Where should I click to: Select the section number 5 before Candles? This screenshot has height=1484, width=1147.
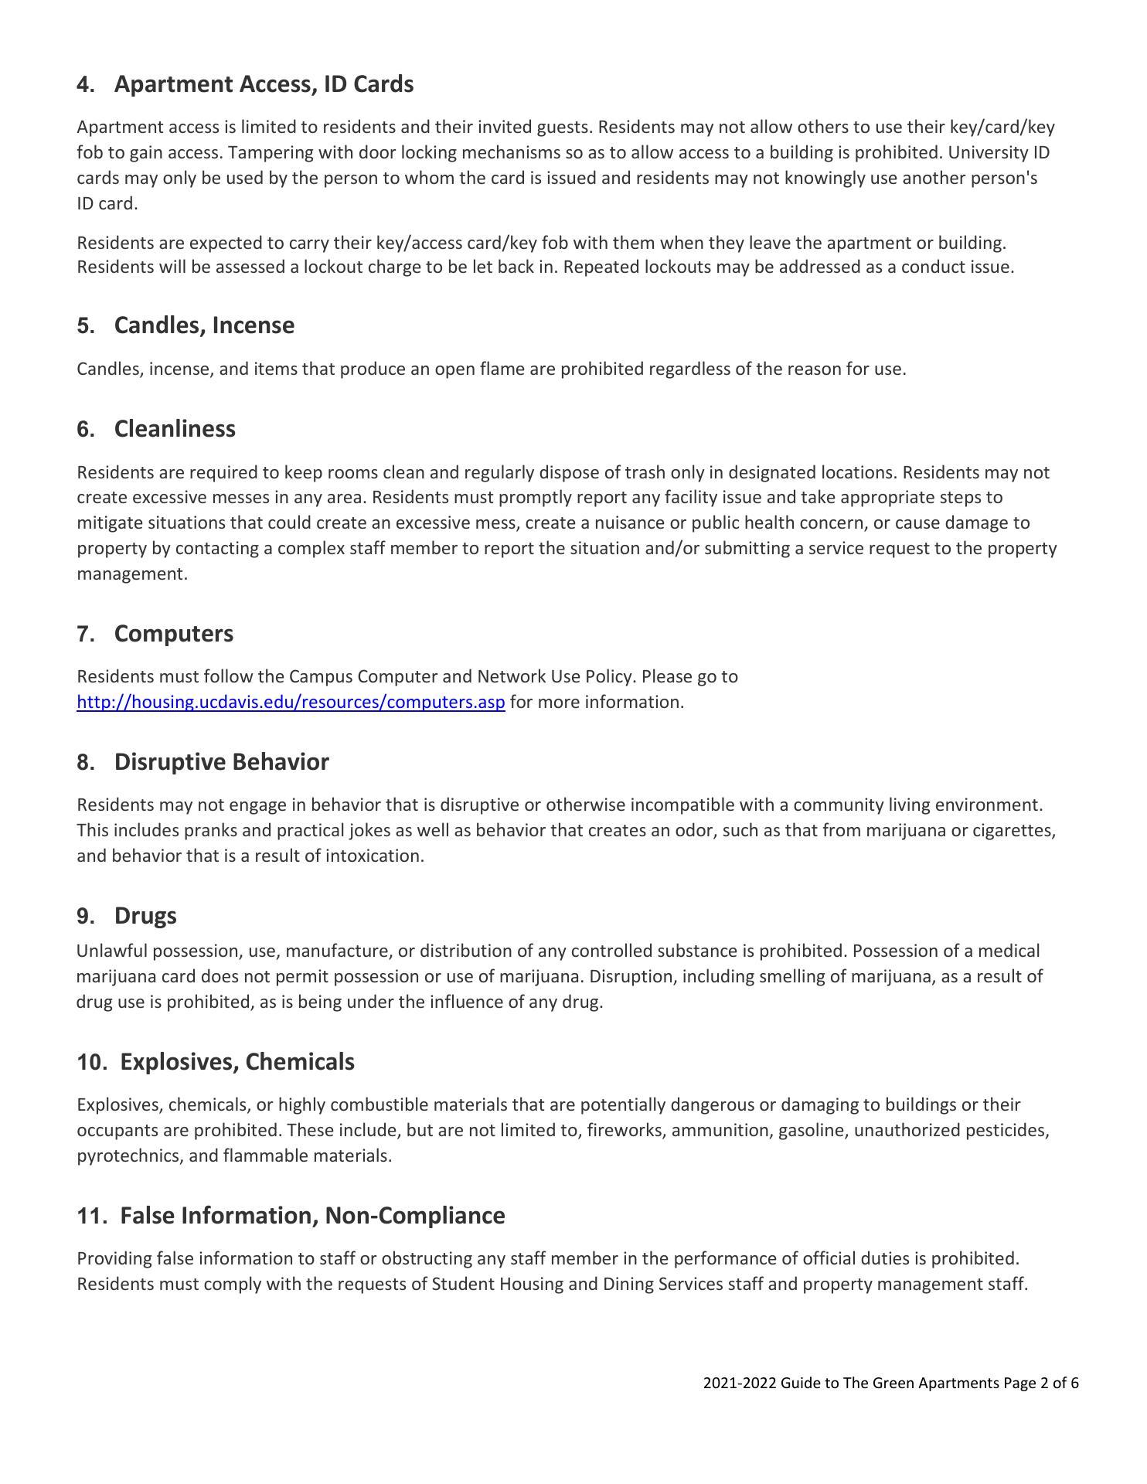(84, 325)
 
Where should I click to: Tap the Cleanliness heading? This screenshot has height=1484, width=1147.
(175, 429)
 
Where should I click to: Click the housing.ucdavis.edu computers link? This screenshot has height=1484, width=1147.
(291, 703)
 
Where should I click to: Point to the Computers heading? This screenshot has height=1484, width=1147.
(173, 634)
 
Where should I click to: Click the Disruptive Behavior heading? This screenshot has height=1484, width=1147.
(221, 762)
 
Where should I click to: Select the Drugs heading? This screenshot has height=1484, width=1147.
(145, 916)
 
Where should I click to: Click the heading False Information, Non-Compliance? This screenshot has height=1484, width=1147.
(312, 1216)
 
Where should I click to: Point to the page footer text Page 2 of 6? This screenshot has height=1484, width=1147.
(1041, 1384)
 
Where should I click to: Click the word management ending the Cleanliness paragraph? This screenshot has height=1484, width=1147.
(131, 574)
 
